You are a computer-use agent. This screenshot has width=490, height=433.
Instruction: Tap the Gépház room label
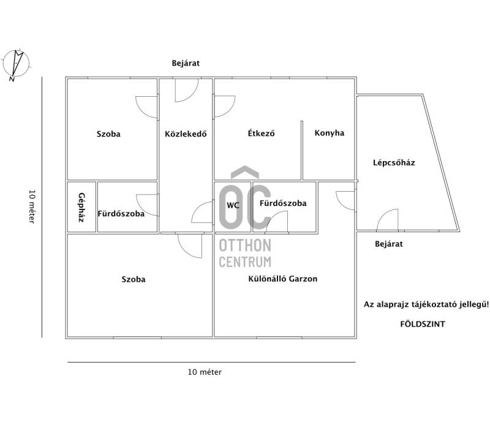tap(81, 207)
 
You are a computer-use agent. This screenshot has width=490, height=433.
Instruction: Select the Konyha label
tap(330, 133)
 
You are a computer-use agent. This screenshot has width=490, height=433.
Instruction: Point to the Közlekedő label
tap(186, 134)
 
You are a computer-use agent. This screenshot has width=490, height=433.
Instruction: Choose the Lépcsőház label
tap(394, 162)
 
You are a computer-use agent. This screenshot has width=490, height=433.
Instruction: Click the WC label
tap(233, 205)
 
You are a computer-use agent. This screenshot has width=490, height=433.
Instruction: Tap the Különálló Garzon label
tap(282, 278)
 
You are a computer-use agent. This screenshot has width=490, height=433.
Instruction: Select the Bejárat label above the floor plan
tap(186, 63)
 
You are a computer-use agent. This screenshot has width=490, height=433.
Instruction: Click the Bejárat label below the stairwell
tap(389, 244)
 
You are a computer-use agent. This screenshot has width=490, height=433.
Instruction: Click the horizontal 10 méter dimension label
tap(205, 372)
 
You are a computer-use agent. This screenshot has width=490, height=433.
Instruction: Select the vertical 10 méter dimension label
tap(32, 205)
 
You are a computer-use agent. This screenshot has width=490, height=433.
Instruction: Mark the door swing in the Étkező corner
tap(224, 105)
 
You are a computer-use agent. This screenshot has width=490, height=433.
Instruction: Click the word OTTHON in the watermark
tap(245, 246)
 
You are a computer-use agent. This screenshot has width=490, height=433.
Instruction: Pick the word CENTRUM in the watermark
tap(245, 262)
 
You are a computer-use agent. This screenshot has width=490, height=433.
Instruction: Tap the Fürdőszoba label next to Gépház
tap(121, 214)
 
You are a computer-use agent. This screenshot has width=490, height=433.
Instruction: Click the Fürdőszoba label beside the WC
tap(283, 203)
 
